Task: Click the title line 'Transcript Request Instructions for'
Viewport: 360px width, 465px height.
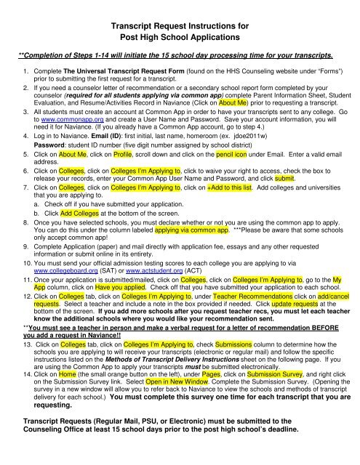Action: pos(179,26)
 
